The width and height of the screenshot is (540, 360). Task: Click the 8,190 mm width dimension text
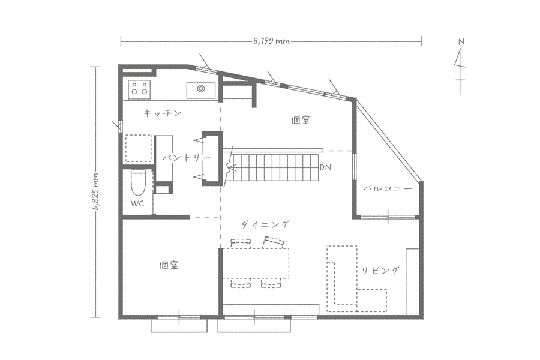(271, 41)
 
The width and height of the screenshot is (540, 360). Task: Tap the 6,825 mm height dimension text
(95, 191)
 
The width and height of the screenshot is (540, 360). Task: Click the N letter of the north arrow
(461, 42)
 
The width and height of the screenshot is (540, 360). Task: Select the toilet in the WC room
(139, 183)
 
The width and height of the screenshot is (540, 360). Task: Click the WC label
(137, 203)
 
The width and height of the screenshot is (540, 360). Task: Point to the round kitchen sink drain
(201, 89)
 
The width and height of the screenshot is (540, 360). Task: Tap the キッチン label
(163, 113)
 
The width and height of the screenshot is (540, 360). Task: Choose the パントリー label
(187, 158)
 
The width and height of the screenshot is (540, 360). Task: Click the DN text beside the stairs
(325, 167)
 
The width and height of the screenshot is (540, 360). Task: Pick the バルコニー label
(388, 188)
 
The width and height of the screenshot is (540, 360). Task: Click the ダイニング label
(265, 225)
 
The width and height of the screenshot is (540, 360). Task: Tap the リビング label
(380, 271)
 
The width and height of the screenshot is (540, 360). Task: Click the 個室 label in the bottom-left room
(169, 265)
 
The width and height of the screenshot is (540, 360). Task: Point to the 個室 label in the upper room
(301, 120)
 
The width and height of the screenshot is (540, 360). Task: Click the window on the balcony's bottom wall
(388, 217)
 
